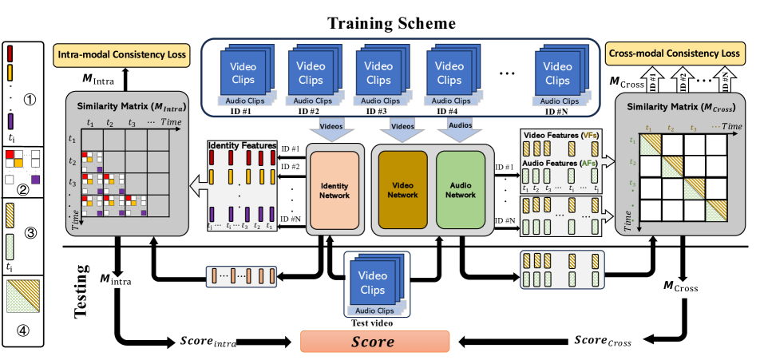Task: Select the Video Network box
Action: tap(403, 190)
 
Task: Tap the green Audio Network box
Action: tap(461, 190)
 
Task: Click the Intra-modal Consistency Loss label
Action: tap(122, 57)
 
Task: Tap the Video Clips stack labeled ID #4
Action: tap(449, 75)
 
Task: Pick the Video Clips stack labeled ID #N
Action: tap(559, 75)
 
